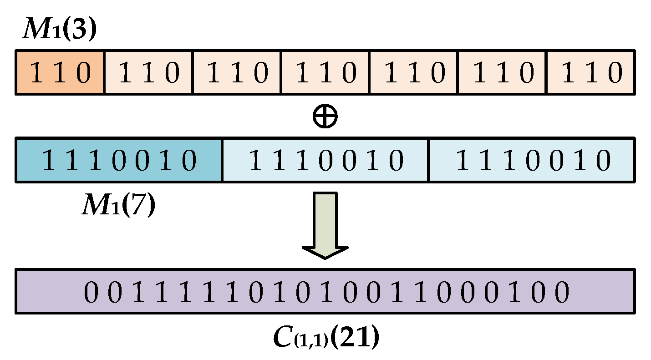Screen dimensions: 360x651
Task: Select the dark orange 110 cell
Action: coord(60,73)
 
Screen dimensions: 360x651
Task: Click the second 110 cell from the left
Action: coord(148,73)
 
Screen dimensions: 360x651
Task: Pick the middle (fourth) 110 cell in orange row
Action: coord(325,73)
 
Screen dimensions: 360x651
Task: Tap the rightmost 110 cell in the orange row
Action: coord(590,73)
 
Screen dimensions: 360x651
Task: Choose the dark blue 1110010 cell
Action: coord(119,161)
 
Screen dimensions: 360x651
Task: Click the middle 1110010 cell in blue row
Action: coord(325,161)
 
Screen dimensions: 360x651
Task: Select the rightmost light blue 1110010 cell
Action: coord(531,161)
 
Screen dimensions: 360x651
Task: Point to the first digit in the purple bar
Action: coord(91,292)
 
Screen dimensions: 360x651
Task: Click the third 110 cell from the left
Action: coord(237,73)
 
